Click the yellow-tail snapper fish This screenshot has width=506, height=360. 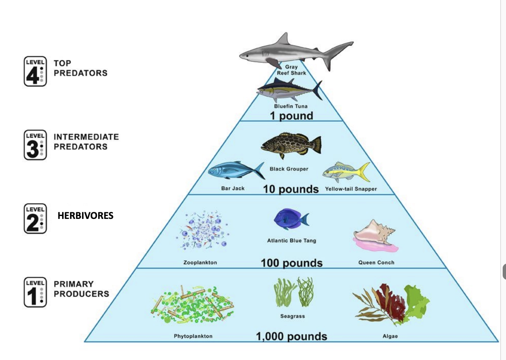tap(346, 172)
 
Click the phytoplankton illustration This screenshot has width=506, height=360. tap(193, 305)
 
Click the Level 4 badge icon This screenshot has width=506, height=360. tap(35, 71)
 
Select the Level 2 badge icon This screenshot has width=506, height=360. tap(35, 218)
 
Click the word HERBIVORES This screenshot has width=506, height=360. tap(85, 216)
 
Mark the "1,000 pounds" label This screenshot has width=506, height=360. tap(292, 336)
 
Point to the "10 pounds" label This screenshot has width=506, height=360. tap(291, 189)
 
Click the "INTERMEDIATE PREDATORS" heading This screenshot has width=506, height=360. tap(86, 142)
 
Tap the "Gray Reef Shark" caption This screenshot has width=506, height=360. tap(292, 70)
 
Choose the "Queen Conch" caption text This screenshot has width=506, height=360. tap(376, 262)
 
